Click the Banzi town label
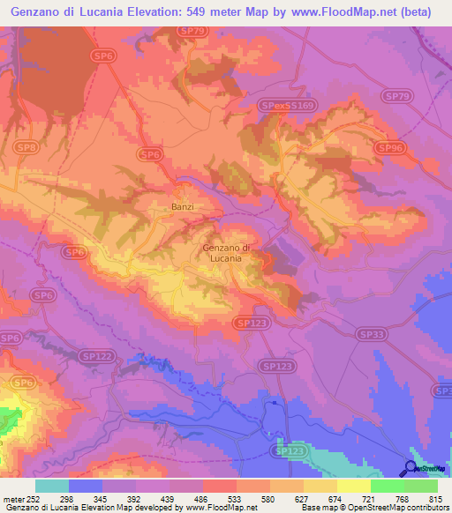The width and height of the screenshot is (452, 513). coord(181,208)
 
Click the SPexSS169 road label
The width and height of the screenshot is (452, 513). coord(287,106)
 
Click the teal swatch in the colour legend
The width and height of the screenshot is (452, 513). coord(52,487)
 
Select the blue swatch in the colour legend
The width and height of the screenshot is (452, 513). coord(86,487)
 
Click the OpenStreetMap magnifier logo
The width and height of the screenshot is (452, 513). coord(411,467)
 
